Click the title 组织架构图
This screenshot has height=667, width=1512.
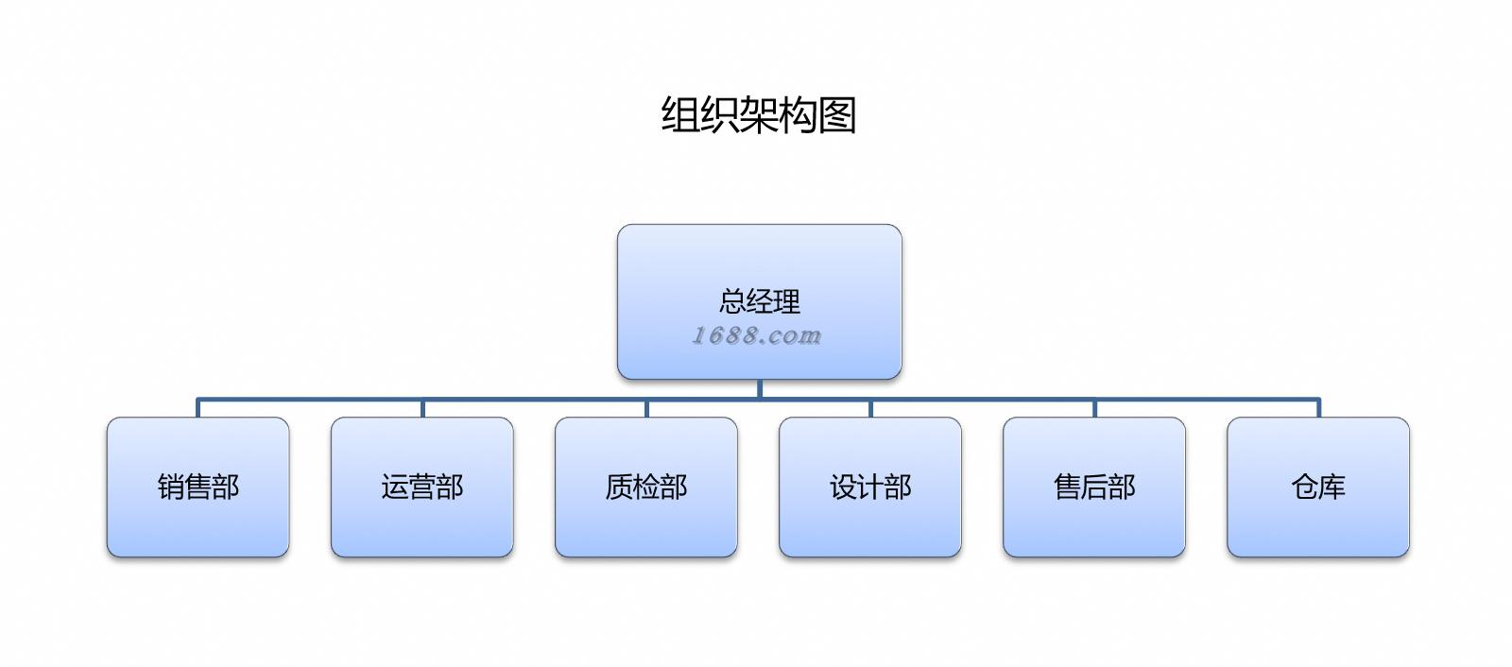758,115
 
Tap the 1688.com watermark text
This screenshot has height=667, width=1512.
757,335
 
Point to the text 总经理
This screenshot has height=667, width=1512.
759,301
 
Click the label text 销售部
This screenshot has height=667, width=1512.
198,487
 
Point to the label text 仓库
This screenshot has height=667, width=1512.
1317,487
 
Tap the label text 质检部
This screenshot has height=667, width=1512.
645,487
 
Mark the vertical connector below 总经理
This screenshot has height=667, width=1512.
759,389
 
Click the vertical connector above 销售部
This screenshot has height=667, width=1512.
198,408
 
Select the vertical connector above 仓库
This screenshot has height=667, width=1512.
1318,408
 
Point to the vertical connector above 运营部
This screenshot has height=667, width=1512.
422,408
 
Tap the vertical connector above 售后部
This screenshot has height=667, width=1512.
1094,408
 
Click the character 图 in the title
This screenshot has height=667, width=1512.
837,115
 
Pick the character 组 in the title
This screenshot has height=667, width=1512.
679,115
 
